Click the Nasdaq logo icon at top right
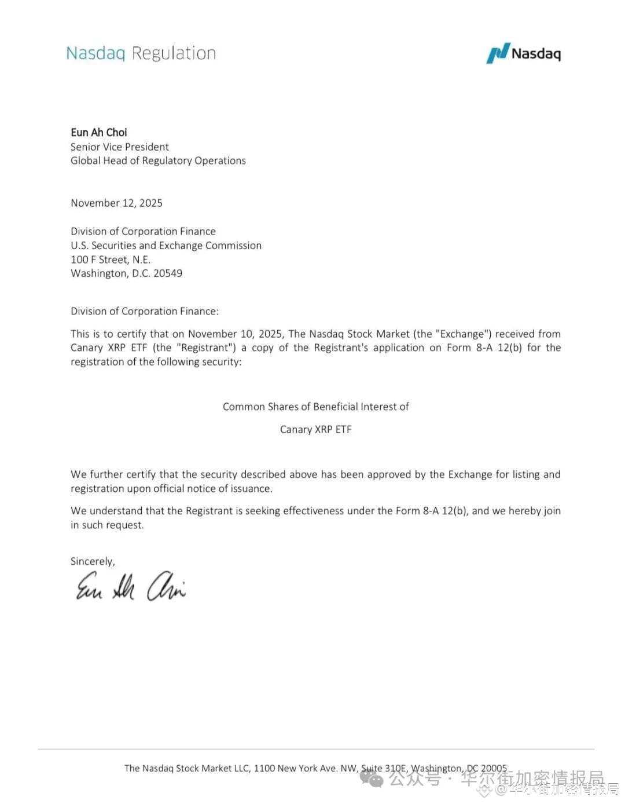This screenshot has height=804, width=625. (x=498, y=53)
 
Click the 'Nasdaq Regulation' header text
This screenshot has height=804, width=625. (x=141, y=53)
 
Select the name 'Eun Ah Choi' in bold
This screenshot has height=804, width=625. (x=99, y=133)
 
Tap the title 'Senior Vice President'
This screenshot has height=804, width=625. (x=120, y=147)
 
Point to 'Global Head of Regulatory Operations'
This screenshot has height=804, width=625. (x=158, y=161)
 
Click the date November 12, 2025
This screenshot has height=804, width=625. (x=116, y=203)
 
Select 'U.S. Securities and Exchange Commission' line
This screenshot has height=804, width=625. (x=166, y=246)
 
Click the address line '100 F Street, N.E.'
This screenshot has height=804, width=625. (x=111, y=260)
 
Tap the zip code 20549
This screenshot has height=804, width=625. (x=168, y=273)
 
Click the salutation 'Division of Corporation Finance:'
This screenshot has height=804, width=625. (x=145, y=312)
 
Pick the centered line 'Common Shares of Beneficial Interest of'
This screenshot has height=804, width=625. (x=315, y=407)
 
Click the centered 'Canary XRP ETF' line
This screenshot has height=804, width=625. (x=315, y=430)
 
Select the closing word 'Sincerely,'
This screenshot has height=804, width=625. (x=93, y=561)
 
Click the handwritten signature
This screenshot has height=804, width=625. (x=131, y=586)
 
